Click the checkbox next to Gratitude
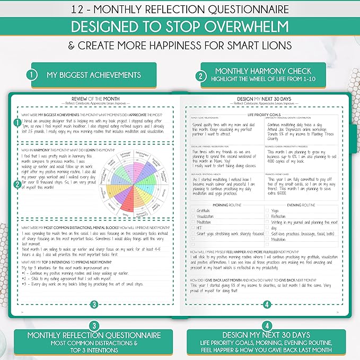194,210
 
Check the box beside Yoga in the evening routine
268,210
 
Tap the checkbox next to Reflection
268,216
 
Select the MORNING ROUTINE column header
227,204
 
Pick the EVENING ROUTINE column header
302,204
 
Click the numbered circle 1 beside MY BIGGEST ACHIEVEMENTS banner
32,75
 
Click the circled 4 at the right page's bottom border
267,304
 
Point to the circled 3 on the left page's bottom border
94,304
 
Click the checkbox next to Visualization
194,216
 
